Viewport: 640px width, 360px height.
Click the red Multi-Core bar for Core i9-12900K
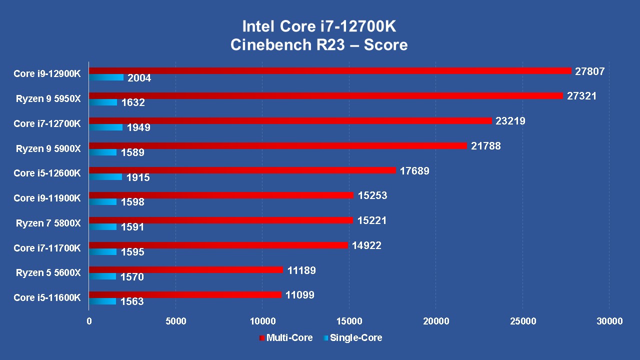(x=330, y=71)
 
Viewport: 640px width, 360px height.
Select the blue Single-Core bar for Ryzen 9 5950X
(x=103, y=102)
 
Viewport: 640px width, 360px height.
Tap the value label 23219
(x=510, y=121)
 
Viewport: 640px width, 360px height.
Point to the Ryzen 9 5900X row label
(x=48, y=148)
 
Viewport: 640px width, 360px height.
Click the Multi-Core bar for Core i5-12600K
(x=242, y=170)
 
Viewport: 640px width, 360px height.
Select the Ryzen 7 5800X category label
(x=48, y=223)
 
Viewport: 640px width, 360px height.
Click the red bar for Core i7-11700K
(x=218, y=245)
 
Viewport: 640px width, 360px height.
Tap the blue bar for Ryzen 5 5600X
(x=102, y=276)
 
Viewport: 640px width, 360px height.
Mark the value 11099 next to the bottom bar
(x=300, y=295)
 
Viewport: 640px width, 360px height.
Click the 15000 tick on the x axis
(x=349, y=321)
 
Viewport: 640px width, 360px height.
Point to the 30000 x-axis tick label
(x=609, y=321)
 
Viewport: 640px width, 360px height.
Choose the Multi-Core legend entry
(x=286, y=338)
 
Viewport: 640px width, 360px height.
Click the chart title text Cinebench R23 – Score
(x=319, y=45)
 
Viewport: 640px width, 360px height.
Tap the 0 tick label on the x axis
(x=89, y=321)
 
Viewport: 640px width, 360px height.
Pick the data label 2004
(x=139, y=78)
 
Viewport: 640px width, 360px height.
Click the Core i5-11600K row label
(x=47, y=297)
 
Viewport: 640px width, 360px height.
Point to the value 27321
(x=581, y=96)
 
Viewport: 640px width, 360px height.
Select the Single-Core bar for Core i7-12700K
(x=105, y=127)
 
